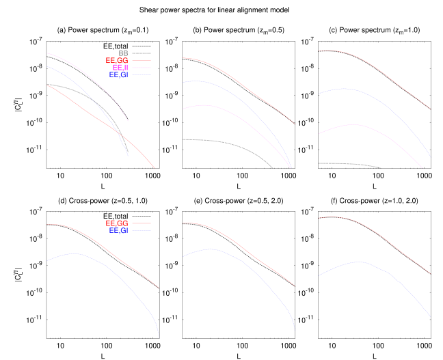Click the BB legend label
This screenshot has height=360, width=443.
[x=123, y=53]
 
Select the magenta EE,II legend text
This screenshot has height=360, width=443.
[x=120, y=68]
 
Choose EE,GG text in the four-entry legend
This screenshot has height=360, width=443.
[x=117, y=61]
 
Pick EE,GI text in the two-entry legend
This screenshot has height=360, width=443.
[x=118, y=231]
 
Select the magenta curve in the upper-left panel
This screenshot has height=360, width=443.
[x=82, y=68]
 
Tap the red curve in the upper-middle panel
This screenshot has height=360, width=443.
[x=239, y=81]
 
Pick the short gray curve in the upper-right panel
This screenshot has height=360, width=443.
[x=349, y=164]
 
